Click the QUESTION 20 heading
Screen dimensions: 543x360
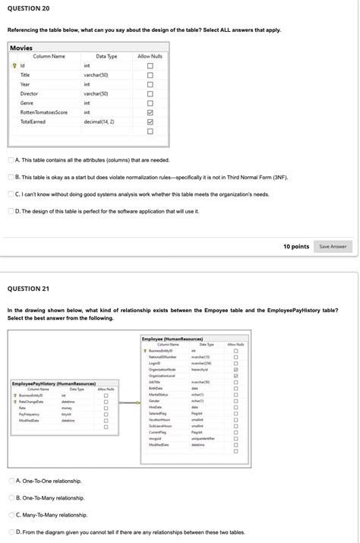(28, 8)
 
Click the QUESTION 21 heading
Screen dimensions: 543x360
(28, 289)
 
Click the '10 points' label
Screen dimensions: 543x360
(296, 246)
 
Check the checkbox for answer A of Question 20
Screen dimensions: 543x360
(11, 160)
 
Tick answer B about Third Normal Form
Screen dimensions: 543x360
(11, 177)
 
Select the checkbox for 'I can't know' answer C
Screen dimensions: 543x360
(11, 194)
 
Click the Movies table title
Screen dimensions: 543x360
(21, 48)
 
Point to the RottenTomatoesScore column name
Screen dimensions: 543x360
(44, 112)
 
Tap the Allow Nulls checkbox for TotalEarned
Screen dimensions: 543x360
(150, 122)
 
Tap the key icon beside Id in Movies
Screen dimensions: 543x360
(14, 66)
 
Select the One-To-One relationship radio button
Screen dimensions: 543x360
(11, 481)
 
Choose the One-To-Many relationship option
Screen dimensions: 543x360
(11, 497)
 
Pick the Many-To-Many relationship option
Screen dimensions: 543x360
(11, 514)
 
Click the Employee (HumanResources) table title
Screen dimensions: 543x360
(172, 338)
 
